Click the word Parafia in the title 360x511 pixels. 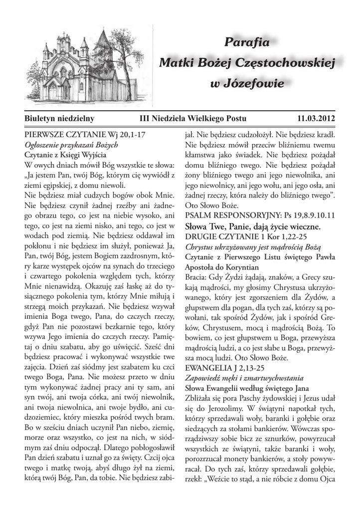247,43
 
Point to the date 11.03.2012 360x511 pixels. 316,118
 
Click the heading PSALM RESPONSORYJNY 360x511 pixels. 229,216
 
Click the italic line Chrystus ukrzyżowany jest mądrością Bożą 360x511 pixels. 253,247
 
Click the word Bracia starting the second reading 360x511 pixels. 196,277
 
